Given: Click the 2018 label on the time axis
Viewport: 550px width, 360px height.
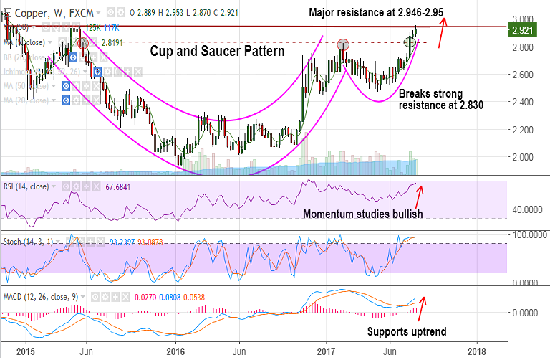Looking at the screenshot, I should (x=478, y=351).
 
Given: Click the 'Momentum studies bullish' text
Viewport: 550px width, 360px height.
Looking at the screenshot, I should (x=362, y=214).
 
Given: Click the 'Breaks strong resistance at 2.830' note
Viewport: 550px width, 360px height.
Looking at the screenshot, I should (x=440, y=99).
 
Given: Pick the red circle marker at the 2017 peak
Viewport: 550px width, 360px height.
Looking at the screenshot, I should (x=343, y=44).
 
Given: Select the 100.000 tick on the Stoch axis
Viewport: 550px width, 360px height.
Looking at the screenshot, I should (x=527, y=235).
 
